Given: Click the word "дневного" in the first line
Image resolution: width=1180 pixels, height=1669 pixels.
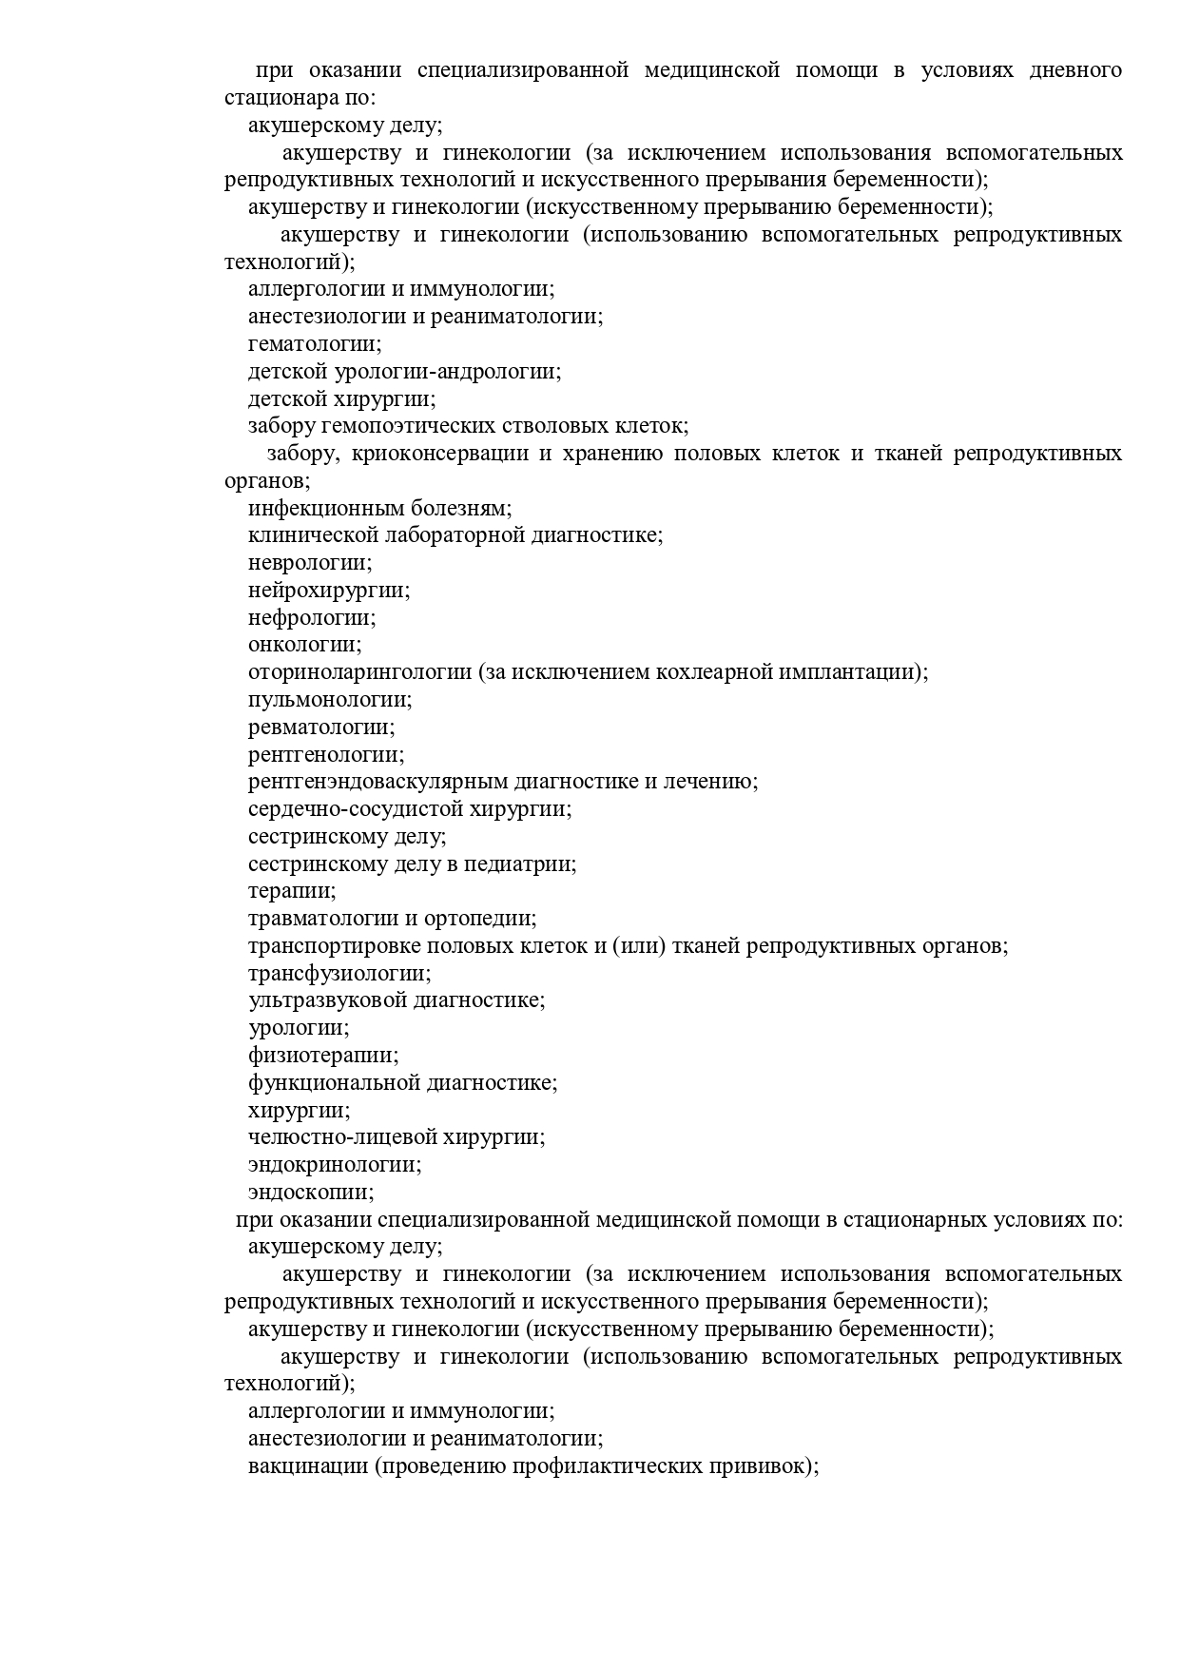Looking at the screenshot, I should [x=1074, y=70].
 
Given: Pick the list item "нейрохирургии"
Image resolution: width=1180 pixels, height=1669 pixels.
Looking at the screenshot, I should [x=328, y=591].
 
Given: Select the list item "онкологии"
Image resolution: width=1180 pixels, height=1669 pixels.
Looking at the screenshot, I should [x=304, y=645].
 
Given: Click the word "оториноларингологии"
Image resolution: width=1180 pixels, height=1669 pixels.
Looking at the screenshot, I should [x=359, y=672].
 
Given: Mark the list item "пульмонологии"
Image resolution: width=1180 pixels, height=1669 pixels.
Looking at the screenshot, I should [x=330, y=700].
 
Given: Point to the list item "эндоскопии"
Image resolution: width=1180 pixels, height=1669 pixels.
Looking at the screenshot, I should [x=311, y=1193].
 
